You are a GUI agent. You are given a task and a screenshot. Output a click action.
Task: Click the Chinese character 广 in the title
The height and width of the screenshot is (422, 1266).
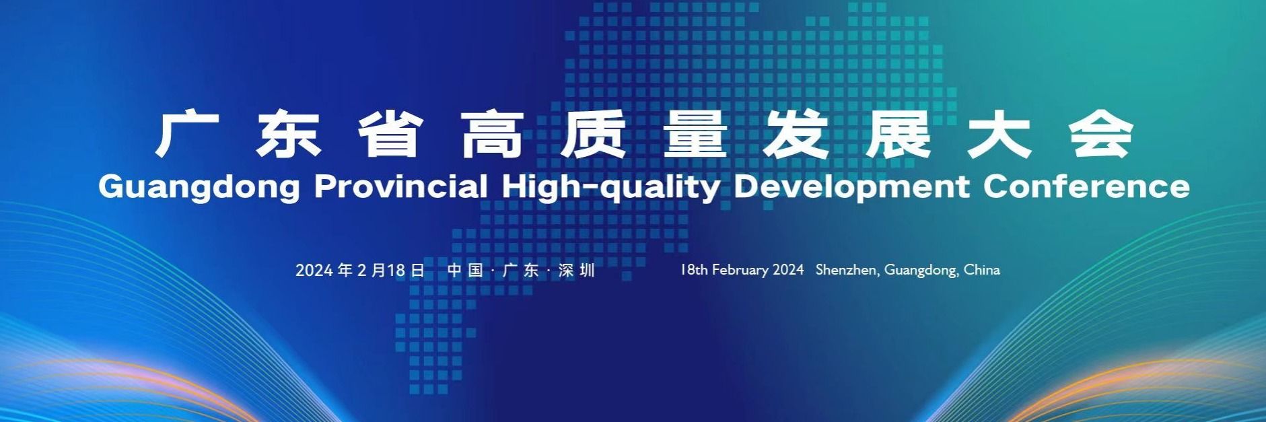point(187,136)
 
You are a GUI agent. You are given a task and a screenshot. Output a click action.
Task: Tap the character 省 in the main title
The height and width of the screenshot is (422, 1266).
point(390,136)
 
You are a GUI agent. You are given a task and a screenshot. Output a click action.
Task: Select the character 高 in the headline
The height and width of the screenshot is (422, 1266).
point(492,136)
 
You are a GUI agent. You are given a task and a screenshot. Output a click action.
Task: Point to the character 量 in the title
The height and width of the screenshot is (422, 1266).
point(695,136)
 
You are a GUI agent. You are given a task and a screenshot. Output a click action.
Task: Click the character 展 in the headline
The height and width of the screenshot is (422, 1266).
point(899,136)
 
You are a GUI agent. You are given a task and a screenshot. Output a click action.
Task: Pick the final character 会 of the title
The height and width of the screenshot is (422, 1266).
point(1102,136)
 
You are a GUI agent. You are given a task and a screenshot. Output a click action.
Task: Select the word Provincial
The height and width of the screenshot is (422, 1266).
point(401,186)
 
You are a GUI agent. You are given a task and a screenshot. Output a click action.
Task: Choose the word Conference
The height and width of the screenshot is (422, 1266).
point(1086,186)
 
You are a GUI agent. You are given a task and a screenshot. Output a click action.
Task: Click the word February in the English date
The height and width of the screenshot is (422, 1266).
point(740,271)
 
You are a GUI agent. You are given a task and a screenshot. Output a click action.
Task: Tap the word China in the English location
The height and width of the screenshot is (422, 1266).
point(982,269)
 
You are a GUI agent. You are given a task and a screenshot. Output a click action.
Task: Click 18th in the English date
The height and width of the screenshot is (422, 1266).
point(693,270)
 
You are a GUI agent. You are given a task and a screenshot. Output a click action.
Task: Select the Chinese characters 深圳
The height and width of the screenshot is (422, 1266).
point(577,270)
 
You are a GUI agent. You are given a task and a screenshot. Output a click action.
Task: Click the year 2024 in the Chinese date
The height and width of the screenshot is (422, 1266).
point(314,270)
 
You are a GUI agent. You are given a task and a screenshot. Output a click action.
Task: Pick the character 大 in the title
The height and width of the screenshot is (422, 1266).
point(1000,136)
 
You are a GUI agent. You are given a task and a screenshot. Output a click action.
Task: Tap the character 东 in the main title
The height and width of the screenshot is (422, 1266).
point(289,136)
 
